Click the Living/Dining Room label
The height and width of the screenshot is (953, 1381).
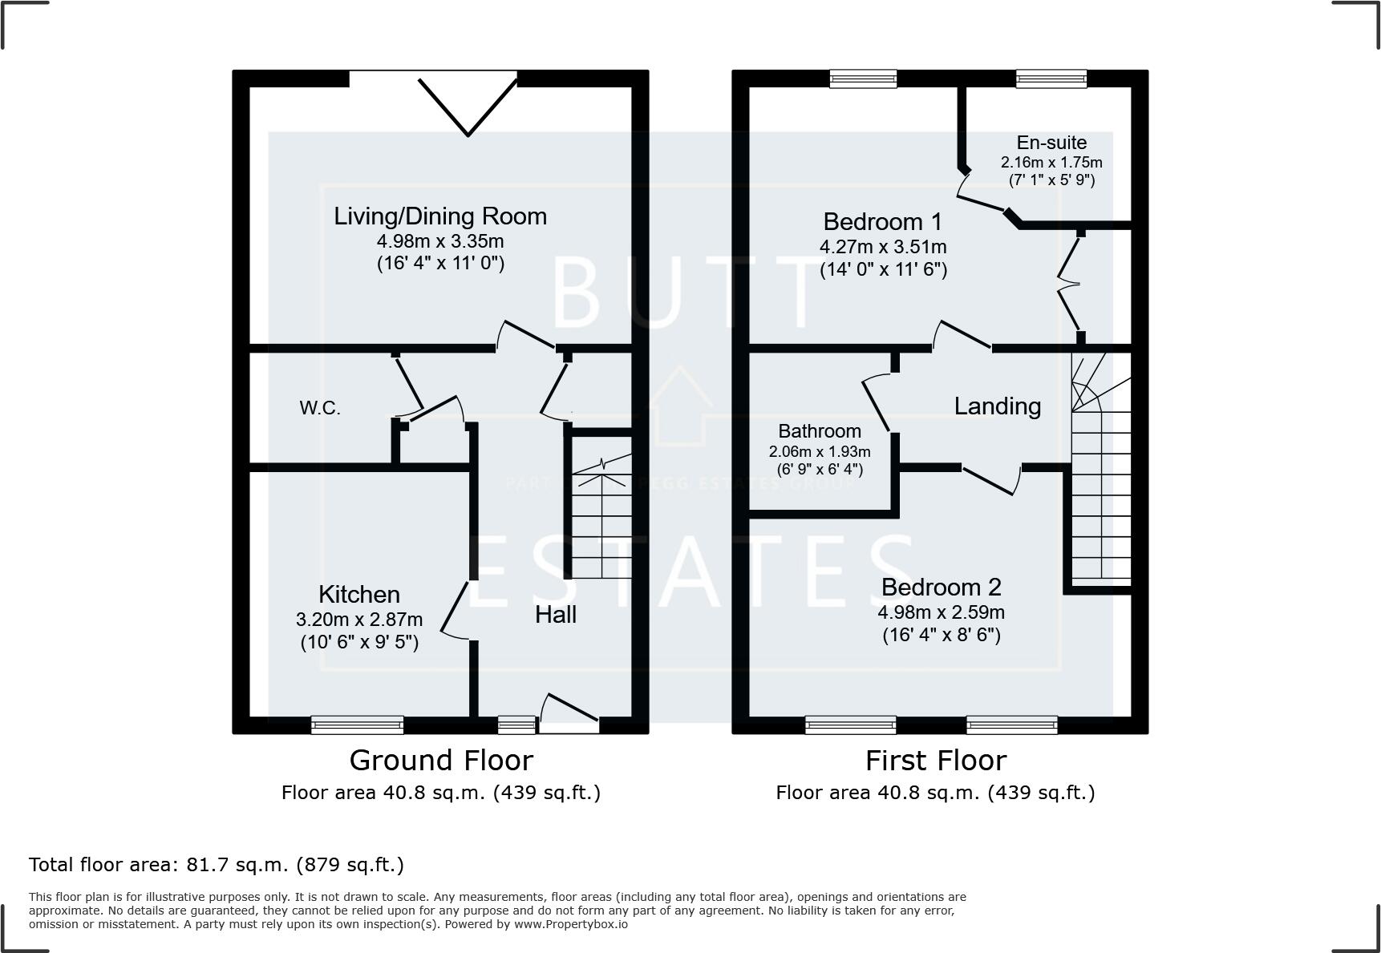[x=440, y=216]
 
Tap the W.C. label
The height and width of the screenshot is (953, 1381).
[x=320, y=408]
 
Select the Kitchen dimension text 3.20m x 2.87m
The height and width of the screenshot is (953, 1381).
[x=358, y=620]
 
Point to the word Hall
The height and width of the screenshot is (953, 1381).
[x=556, y=615]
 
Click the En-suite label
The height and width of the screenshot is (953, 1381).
[x=1051, y=143]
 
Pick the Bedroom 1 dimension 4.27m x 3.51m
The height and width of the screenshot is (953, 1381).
[x=883, y=247]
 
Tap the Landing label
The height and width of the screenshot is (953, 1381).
[x=997, y=406]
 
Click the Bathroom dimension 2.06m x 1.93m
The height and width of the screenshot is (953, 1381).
[x=819, y=452]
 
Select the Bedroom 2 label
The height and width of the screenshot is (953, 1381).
[x=941, y=588]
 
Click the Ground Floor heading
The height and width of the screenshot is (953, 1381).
[x=441, y=760]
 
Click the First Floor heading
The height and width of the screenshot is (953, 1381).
[x=935, y=760]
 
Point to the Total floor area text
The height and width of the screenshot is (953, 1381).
[x=217, y=865]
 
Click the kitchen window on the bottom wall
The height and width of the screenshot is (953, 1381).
[x=357, y=725]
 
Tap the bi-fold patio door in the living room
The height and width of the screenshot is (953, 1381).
[x=468, y=103]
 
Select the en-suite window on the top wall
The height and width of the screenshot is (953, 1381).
[x=1051, y=78]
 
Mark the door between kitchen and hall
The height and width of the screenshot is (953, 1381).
[x=455, y=612]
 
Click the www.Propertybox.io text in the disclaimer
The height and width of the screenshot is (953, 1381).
[x=570, y=924]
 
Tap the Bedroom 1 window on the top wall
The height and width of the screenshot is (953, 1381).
[x=863, y=78]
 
